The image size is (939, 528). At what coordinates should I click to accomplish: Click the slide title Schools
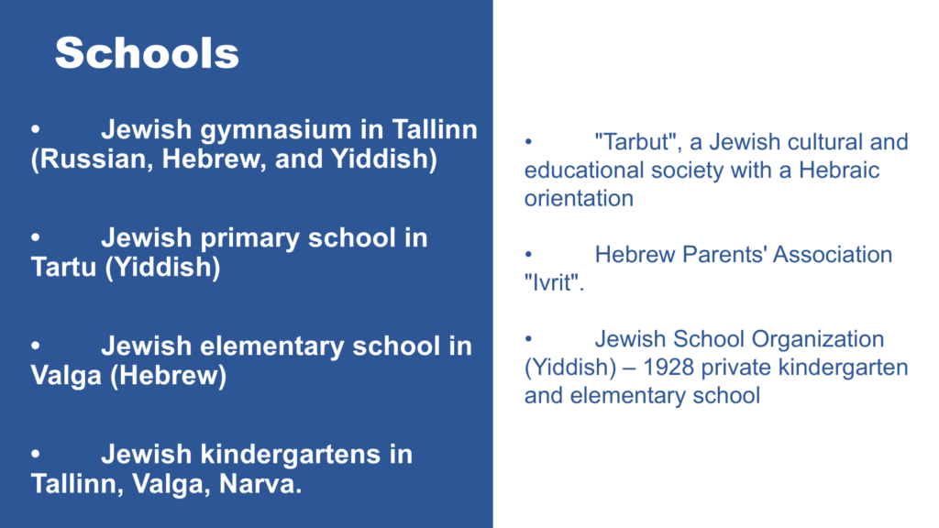point(147,52)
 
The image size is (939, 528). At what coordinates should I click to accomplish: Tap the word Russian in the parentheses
point(96,159)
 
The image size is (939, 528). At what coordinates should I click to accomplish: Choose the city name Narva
point(260,484)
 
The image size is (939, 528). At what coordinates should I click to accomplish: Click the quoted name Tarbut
point(639,142)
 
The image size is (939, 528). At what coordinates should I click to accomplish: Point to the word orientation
point(579,199)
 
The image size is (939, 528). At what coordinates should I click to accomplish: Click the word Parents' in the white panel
point(724,255)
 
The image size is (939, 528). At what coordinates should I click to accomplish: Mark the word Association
point(833,255)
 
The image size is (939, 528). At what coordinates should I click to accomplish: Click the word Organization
point(818,340)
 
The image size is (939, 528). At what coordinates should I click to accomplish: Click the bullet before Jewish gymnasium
point(36,128)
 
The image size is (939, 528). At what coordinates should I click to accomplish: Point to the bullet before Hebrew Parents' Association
point(528,255)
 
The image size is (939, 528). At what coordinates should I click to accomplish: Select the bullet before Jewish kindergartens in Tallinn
point(36,454)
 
